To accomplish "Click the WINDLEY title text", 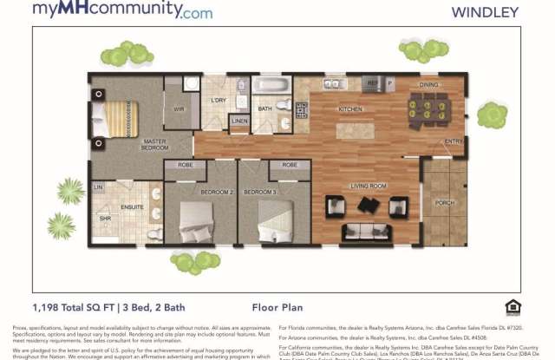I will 486,12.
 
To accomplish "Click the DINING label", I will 429,86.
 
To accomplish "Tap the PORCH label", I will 444,204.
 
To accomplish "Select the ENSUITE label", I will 133,207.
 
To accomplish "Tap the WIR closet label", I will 180,109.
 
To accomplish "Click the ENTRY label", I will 454,141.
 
